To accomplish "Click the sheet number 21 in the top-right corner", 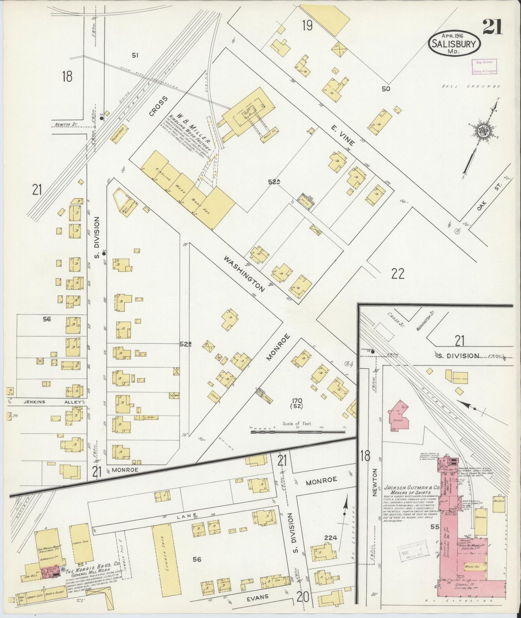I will [493, 27].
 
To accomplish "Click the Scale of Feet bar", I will [297, 431].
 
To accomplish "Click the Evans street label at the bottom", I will [258, 597].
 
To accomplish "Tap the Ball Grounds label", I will [472, 87].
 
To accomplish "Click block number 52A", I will [274, 182].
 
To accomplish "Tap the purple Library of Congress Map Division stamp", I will [484, 66].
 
